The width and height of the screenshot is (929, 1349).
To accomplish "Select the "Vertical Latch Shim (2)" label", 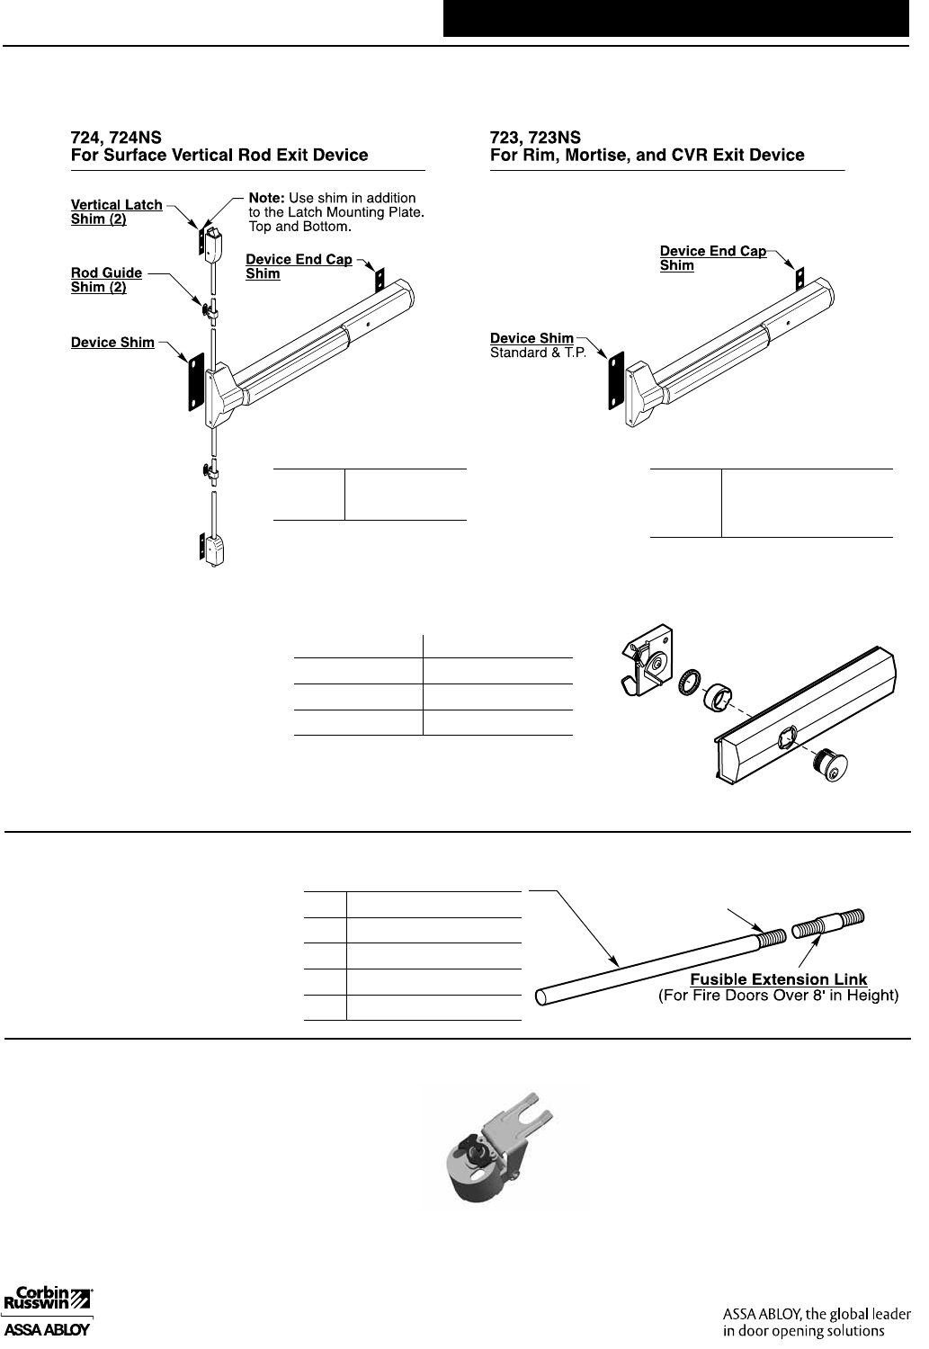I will (x=116, y=212).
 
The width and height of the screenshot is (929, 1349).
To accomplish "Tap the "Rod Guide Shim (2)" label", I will (x=106, y=280).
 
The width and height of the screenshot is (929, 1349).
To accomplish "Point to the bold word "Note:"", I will (x=266, y=197).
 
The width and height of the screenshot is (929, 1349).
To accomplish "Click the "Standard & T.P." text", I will (x=537, y=353).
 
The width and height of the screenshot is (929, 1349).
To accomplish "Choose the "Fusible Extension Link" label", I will (x=778, y=979).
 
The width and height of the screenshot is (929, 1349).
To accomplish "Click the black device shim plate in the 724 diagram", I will (x=192, y=383).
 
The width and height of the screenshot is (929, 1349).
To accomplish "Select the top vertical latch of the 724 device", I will (x=214, y=240).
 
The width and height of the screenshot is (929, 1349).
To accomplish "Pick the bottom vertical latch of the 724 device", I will (x=214, y=549).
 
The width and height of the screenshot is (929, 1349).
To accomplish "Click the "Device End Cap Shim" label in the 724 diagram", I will (x=299, y=266).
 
